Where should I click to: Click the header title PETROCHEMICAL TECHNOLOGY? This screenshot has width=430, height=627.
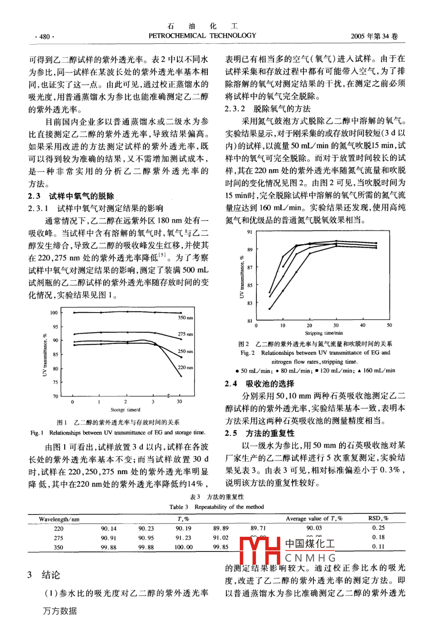coord(202,36)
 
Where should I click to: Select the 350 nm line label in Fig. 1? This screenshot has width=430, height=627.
coord(186,318)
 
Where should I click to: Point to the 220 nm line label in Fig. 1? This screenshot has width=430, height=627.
coord(186,367)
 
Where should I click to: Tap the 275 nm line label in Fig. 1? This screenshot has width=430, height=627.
coord(186,334)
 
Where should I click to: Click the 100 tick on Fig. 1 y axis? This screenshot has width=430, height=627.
coord(54,313)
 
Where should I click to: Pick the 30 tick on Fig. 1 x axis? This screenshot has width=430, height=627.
coord(180,402)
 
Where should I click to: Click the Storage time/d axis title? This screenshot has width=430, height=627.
coord(126,409)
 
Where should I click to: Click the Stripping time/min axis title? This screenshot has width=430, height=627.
coord(323,333)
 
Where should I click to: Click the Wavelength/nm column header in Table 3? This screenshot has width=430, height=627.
coord(59,519)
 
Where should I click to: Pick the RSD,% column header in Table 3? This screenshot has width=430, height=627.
coord(378,519)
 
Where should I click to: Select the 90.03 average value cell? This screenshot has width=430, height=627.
coord(314,528)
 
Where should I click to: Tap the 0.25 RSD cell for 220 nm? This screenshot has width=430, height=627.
coord(379,528)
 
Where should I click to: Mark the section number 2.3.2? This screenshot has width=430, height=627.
coord(235,109)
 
